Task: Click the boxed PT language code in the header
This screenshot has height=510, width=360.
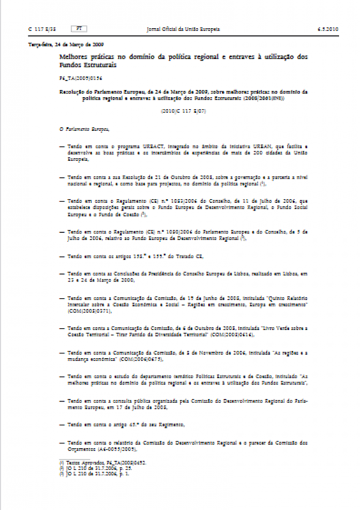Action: pyautogui.click(x=79, y=29)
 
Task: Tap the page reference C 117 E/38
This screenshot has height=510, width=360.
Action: pyautogui.click(x=42, y=29)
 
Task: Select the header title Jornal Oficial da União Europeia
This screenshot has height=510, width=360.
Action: pyautogui.click(x=184, y=29)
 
